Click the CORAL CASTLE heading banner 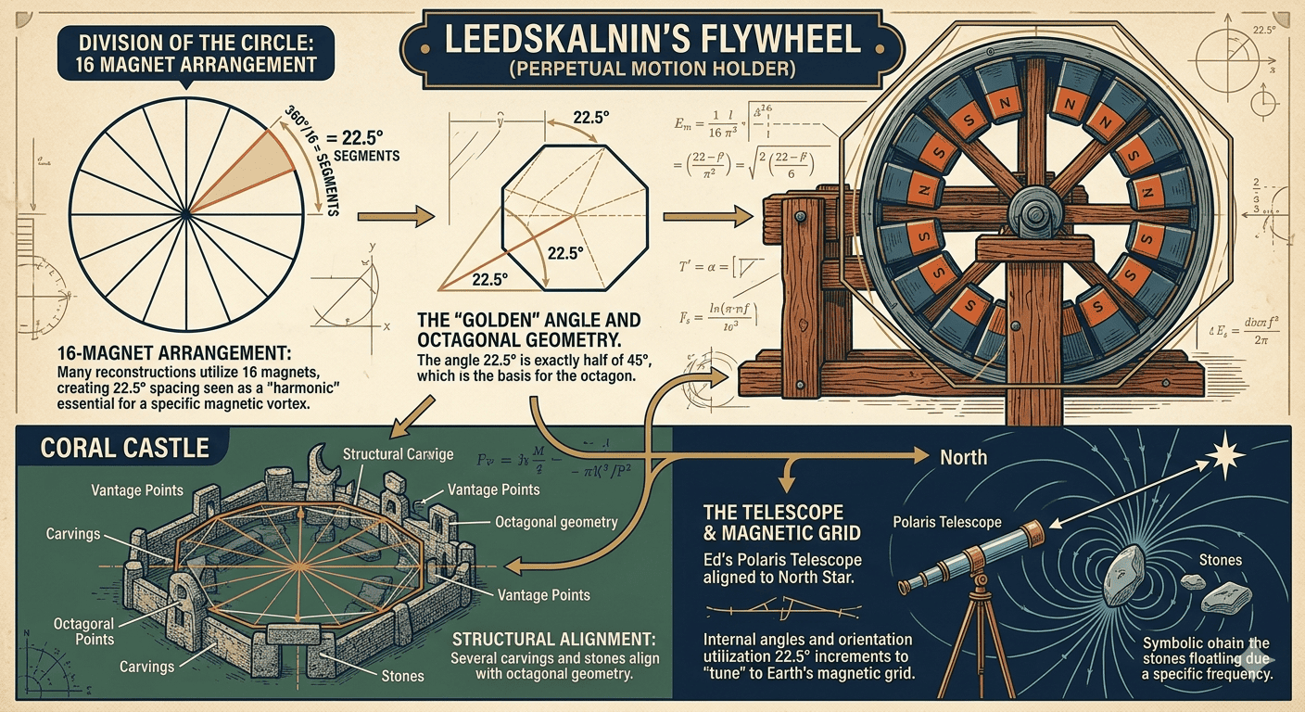pyautogui.click(x=125, y=448)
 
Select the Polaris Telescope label pyautogui.click(x=945, y=522)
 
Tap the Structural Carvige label pyautogui.click(x=398, y=454)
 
